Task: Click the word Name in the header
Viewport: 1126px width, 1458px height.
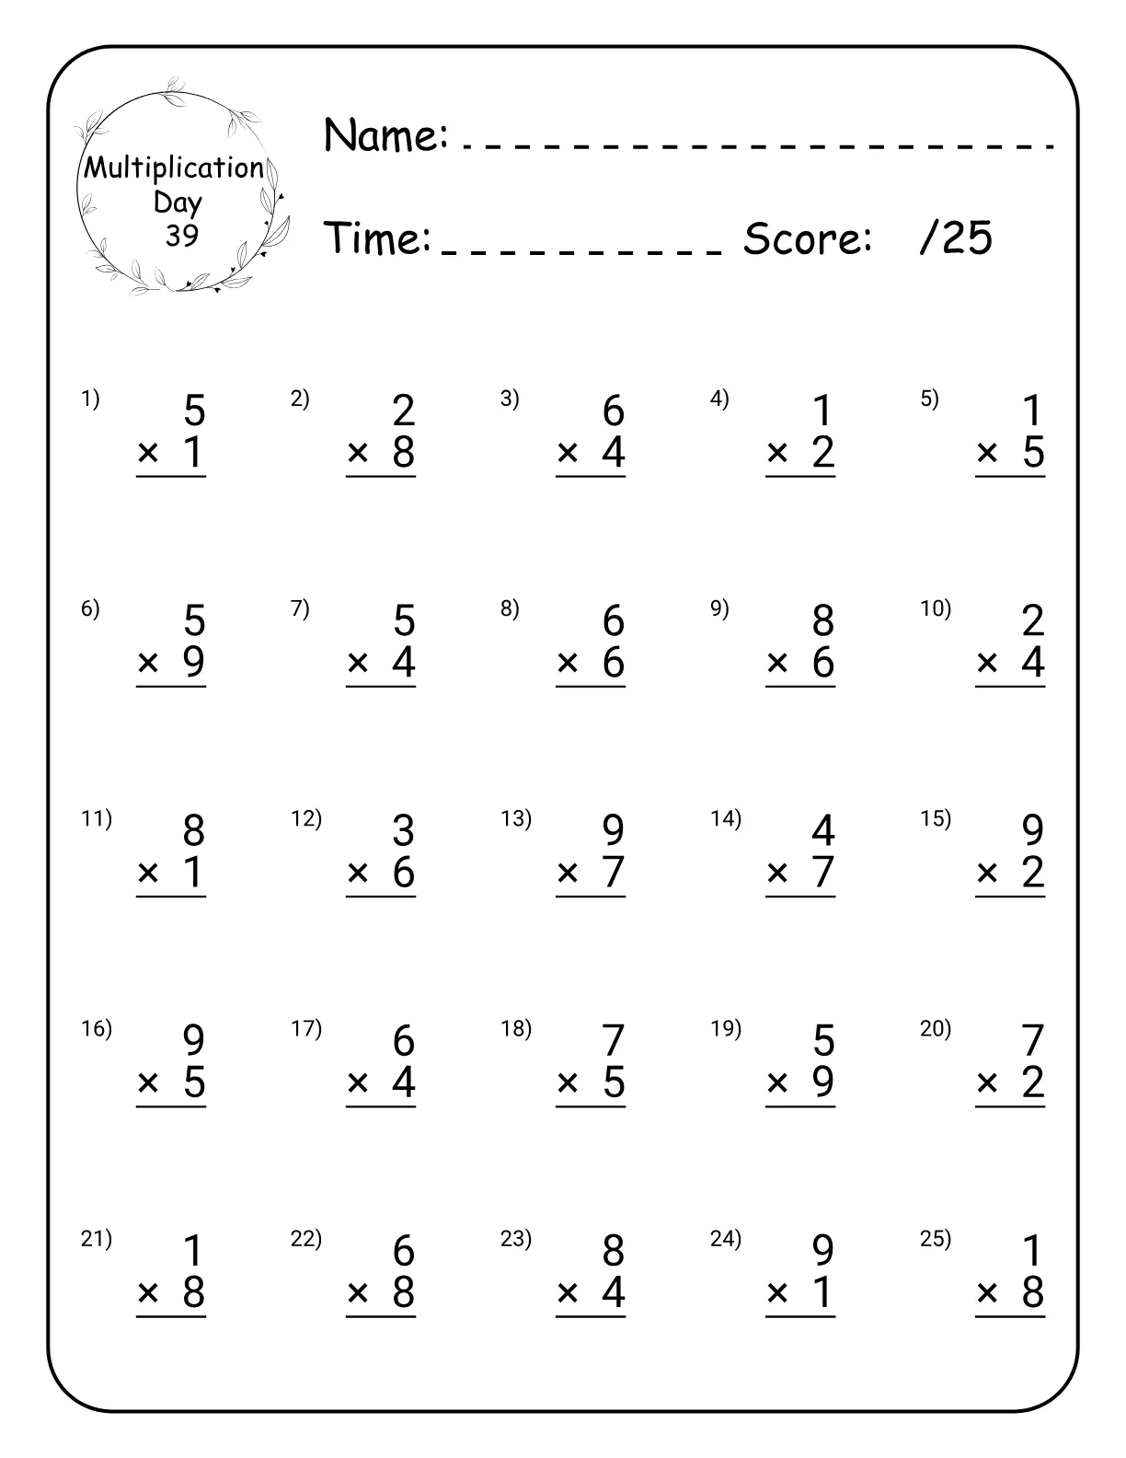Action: tap(385, 135)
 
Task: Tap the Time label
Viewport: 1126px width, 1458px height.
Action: tap(378, 238)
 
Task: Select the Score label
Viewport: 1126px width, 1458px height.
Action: tap(807, 238)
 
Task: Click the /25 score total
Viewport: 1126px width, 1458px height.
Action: tap(956, 237)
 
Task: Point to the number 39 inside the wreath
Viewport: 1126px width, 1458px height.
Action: tap(182, 236)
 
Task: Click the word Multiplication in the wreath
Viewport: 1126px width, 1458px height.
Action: tap(174, 168)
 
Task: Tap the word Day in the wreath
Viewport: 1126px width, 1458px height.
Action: tap(178, 202)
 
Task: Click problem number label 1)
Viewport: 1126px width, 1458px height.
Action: tap(90, 399)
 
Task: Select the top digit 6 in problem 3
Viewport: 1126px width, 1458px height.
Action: tap(613, 411)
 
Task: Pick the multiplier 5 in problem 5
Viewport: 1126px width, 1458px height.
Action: tap(1033, 452)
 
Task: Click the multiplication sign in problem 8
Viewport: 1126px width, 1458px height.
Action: tap(568, 663)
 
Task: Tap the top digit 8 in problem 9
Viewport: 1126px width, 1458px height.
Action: tap(822, 621)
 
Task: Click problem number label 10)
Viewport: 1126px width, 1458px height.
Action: tap(936, 608)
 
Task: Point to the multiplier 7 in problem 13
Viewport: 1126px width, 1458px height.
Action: tap(613, 872)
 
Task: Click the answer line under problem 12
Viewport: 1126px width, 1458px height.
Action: tap(381, 897)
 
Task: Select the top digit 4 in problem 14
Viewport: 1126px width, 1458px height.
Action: tap(822, 831)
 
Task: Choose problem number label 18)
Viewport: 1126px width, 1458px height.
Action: tap(515, 1028)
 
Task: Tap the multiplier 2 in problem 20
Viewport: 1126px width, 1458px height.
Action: tap(1033, 1082)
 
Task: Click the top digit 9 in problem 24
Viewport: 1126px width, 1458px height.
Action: tap(822, 1251)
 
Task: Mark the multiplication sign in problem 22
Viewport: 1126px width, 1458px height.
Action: tap(358, 1293)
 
